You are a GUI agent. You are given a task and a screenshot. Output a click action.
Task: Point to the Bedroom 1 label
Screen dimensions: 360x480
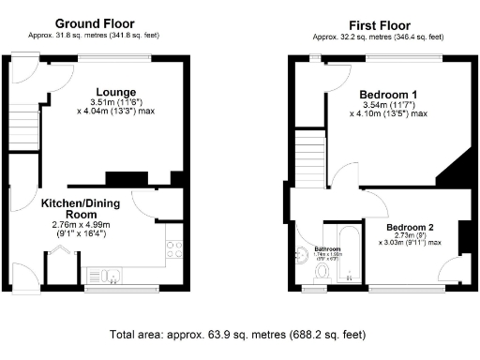pyautogui.click(x=388, y=95)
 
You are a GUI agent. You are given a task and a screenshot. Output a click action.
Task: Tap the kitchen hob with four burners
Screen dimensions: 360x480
pyautogui.click(x=173, y=249)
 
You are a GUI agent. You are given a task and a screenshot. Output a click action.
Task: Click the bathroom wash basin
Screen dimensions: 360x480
pyautogui.click(x=302, y=251)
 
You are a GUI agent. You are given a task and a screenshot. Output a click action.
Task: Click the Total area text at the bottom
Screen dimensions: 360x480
pyautogui.click(x=237, y=335)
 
